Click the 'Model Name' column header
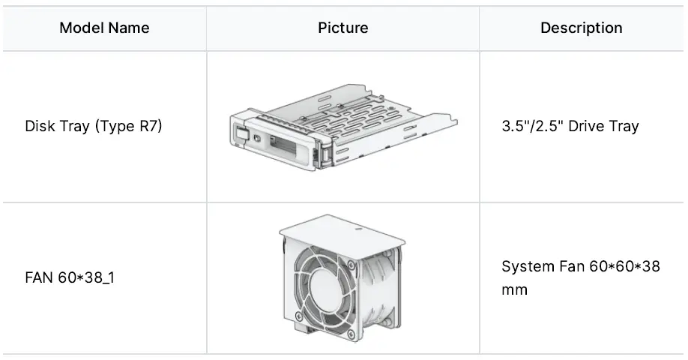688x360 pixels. point(104,28)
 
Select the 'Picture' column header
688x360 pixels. point(343,28)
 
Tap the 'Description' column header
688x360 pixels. point(581,28)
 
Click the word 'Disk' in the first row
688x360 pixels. point(40,125)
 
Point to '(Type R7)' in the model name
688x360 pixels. point(128,125)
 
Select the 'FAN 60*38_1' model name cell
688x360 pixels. point(70,278)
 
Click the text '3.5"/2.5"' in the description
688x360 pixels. point(532,125)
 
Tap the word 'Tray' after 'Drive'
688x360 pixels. point(623,125)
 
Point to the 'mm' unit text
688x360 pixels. point(515,289)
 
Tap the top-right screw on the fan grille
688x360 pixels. point(351,263)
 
